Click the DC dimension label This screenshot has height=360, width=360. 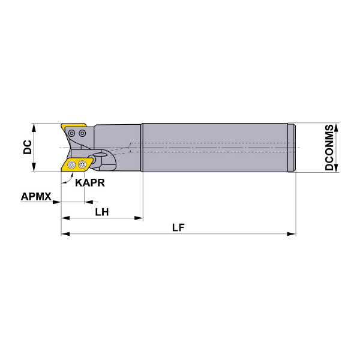[28, 147]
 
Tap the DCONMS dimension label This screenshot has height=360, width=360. [329, 147]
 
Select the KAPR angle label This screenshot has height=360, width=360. [90, 183]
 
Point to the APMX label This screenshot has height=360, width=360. [36, 197]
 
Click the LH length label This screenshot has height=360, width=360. [102, 212]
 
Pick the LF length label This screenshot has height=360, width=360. [178, 227]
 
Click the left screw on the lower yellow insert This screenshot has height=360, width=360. [72, 164]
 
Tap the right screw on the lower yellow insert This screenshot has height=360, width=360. [82, 164]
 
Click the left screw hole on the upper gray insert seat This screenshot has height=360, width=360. [72, 133]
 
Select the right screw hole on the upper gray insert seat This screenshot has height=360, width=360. [82, 133]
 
